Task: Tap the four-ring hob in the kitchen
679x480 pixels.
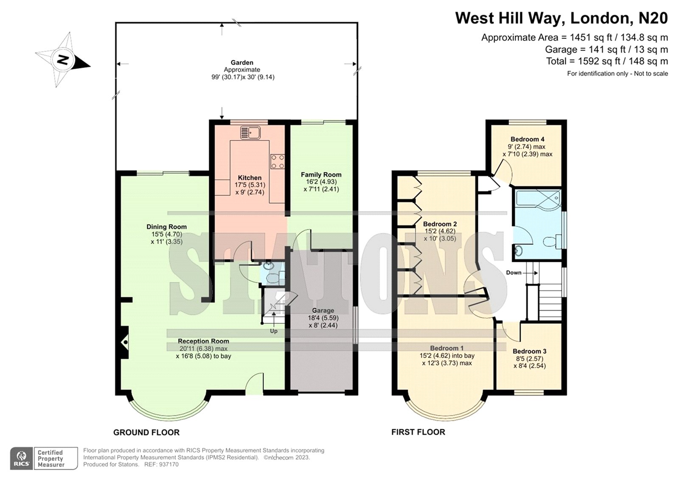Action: click(278, 162)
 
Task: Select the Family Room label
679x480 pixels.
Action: click(321, 175)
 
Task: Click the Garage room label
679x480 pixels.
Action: click(323, 311)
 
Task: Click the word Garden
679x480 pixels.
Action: click(242, 62)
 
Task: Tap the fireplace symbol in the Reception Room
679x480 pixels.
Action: click(125, 342)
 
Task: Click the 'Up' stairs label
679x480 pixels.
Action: click(274, 331)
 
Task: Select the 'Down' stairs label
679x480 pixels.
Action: click(514, 272)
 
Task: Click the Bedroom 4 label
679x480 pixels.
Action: click(527, 139)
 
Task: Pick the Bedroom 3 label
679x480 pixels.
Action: click(530, 351)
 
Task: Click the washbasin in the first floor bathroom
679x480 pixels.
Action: click(519, 251)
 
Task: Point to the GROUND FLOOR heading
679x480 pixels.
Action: click(146, 432)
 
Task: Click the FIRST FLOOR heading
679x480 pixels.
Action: click(418, 432)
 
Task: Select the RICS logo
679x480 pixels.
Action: click(22, 458)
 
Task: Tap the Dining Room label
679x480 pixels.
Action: click(167, 227)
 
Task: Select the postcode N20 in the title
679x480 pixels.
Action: click(653, 18)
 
